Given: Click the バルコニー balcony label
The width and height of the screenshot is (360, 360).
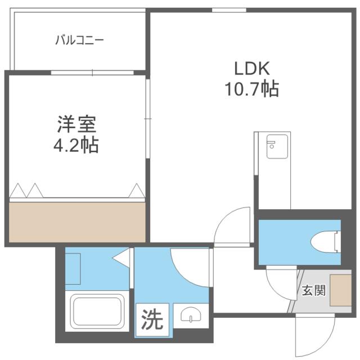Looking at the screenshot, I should click(x=79, y=40).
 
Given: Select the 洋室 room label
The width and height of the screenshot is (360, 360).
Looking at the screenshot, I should click(x=76, y=123).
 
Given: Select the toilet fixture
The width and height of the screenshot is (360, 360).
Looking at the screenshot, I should click(x=326, y=242).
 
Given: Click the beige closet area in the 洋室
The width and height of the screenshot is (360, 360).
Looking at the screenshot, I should click(x=76, y=220).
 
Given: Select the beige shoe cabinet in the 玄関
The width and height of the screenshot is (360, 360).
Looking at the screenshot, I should click(x=340, y=289).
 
